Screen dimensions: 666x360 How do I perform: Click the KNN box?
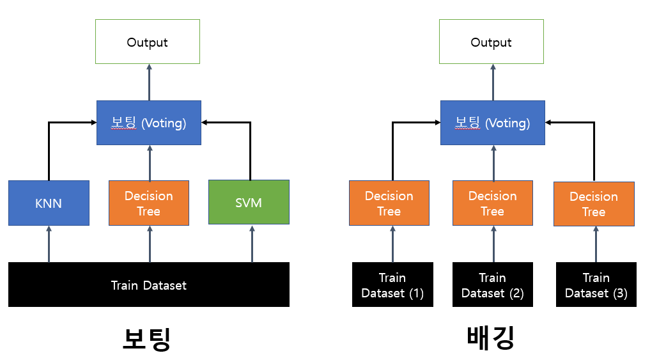tap(49, 203)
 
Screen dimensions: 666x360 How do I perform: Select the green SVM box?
tap(249, 202)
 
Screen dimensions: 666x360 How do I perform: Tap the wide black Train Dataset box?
tap(149, 285)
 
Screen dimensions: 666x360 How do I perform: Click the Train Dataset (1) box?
tap(392, 285)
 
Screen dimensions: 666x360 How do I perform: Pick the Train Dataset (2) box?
tap(493, 285)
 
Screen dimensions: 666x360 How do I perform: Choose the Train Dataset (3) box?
tap(596, 285)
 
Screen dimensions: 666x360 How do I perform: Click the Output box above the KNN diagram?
tap(148, 42)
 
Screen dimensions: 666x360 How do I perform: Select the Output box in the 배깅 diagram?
tap(492, 42)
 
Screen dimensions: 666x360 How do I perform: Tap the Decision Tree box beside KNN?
tap(149, 203)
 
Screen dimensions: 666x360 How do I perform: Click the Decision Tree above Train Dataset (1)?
tap(389, 203)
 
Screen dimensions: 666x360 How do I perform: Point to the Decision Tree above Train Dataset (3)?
tap(594, 204)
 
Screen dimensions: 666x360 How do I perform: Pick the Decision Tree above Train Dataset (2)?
tap(493, 203)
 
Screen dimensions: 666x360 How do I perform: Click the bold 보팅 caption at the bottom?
tap(146, 339)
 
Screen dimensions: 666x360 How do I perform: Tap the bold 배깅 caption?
tap(491, 338)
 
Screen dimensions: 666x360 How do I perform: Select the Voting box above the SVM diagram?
tap(149, 123)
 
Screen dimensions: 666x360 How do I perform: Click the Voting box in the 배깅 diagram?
tap(493, 123)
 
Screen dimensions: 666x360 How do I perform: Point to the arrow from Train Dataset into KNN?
tap(49, 244)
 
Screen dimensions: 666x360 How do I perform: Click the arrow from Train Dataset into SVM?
tap(252, 244)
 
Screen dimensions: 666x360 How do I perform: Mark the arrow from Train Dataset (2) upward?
tap(493, 244)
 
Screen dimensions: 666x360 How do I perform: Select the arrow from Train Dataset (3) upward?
tap(596, 244)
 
